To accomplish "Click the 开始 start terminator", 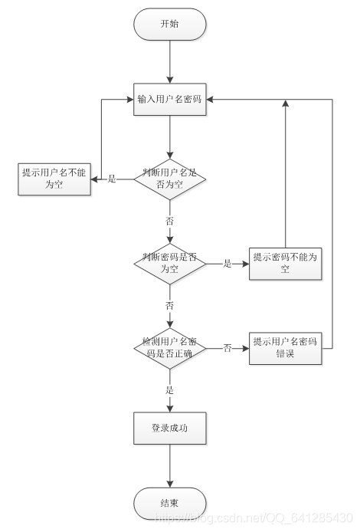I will click(170, 25).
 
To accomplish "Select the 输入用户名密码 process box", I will click(170, 100).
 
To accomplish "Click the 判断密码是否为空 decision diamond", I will click(170, 263).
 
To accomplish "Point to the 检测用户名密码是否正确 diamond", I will click(170, 346).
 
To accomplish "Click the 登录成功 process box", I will click(170, 429).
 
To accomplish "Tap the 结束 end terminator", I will click(170, 503).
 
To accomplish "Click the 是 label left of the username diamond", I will click(112, 179).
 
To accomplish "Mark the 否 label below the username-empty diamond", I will click(170, 221).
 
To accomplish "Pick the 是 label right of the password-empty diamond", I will click(227, 263).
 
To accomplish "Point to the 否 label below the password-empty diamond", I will click(170, 305).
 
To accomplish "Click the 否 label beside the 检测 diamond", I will click(227, 347).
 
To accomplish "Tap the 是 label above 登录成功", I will click(170, 390).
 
